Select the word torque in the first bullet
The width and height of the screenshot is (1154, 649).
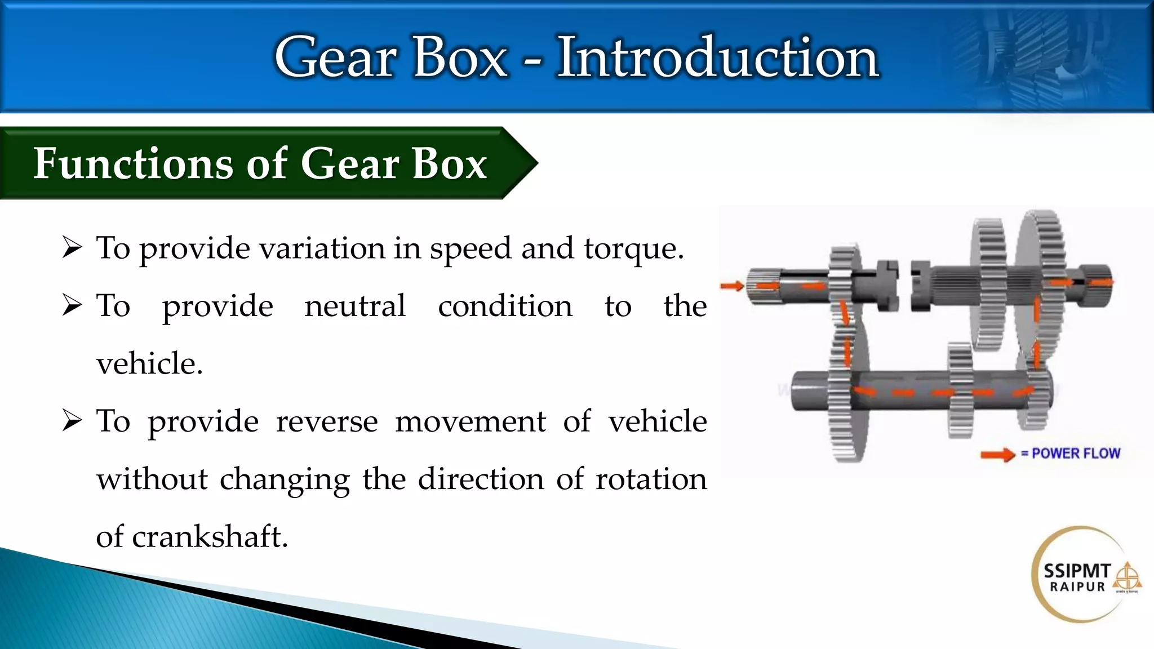coord(633,248)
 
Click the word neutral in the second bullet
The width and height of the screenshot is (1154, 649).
coord(355,306)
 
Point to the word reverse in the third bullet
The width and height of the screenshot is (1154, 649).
coord(327,421)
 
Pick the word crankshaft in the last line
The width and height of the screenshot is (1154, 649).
coord(210,536)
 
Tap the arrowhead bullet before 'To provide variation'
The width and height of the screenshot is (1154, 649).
coord(72,247)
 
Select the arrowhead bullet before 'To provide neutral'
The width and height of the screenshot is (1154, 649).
coord(72,305)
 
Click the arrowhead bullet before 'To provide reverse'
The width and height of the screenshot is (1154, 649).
coord(72,420)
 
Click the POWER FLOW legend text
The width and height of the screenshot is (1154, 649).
coord(1076,454)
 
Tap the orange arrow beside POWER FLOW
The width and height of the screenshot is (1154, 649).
coord(997,454)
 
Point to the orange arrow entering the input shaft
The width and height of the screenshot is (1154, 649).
coord(733,286)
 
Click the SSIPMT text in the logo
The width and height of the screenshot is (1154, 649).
coord(1077,571)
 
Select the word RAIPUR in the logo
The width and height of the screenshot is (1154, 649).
coord(1077,587)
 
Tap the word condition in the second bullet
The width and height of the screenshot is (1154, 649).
coord(505,306)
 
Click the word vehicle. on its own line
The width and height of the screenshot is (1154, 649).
coord(149,364)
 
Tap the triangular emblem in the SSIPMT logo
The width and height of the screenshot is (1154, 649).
coord(1126,576)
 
